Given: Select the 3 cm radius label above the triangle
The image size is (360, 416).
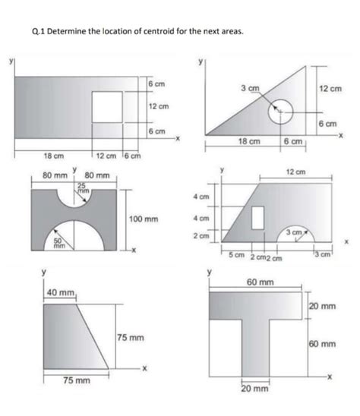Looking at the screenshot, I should pyautogui.click(x=248, y=88).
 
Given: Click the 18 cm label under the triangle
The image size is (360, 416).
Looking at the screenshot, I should pyautogui.click(x=249, y=141).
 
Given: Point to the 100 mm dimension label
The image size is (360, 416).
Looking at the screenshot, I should pyautogui.click(x=144, y=219).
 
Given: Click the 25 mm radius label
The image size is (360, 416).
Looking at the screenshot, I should pyautogui.click(x=81, y=189).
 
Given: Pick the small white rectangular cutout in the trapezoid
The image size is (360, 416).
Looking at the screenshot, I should pyautogui.click(x=257, y=216).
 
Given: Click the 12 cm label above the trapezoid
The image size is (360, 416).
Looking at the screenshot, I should pyautogui.click(x=295, y=172).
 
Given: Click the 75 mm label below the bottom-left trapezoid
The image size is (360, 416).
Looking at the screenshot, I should pyautogui.click(x=76, y=380).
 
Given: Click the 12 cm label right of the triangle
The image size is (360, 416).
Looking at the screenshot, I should pyautogui.click(x=330, y=89).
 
